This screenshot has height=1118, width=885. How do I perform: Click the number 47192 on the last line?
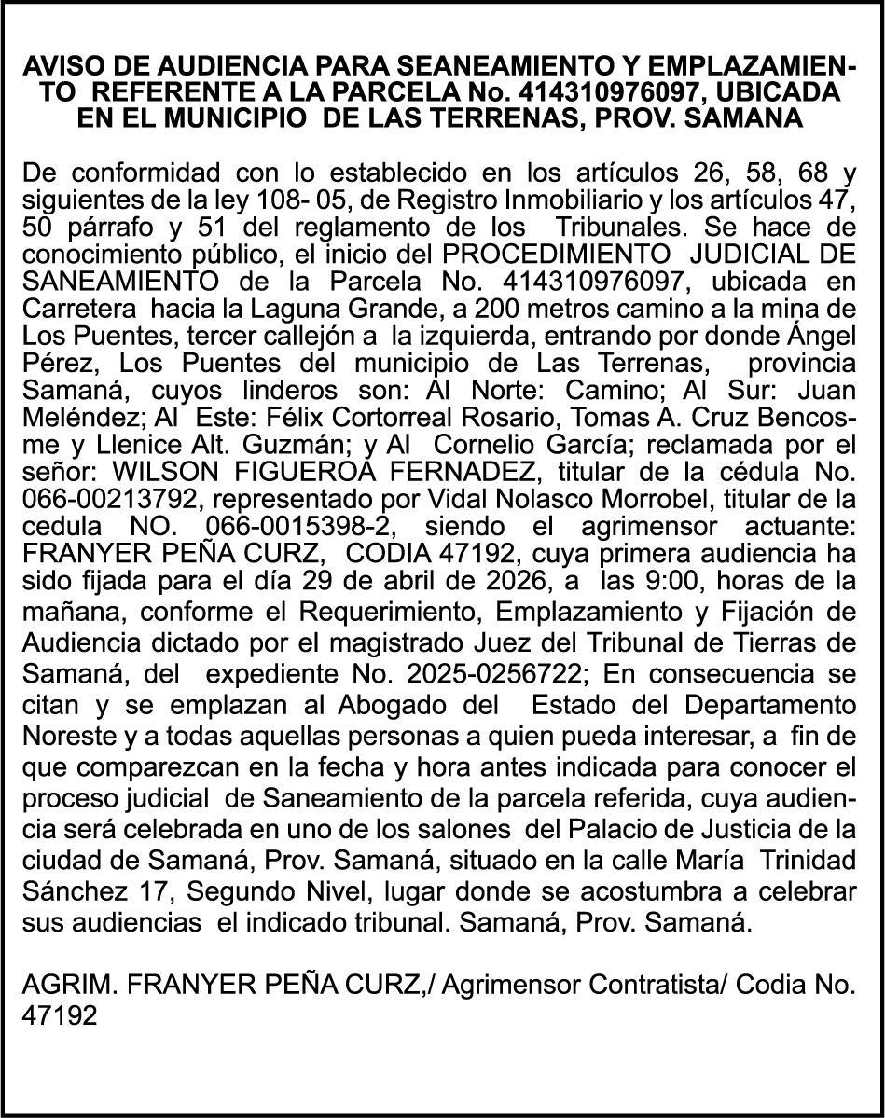[x=60, y=1014]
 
